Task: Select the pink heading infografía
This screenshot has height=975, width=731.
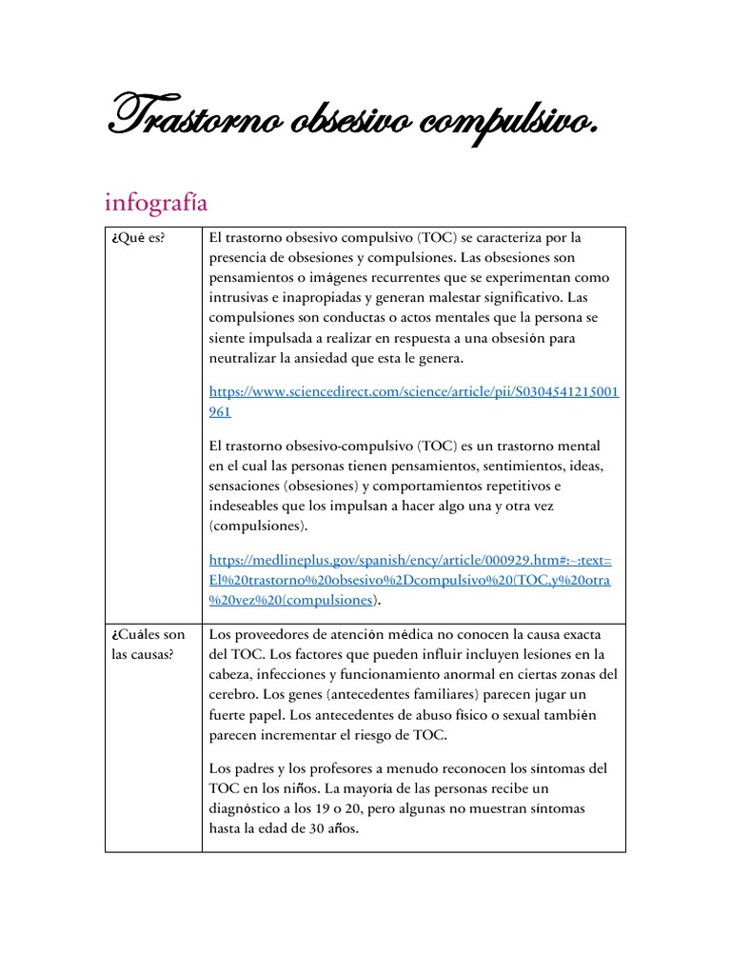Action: point(156,202)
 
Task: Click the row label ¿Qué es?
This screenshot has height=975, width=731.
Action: point(138,238)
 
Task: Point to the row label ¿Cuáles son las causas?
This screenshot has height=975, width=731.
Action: point(147,644)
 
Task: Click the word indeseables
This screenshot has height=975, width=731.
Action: point(246,506)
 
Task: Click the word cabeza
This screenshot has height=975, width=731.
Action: point(232,674)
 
